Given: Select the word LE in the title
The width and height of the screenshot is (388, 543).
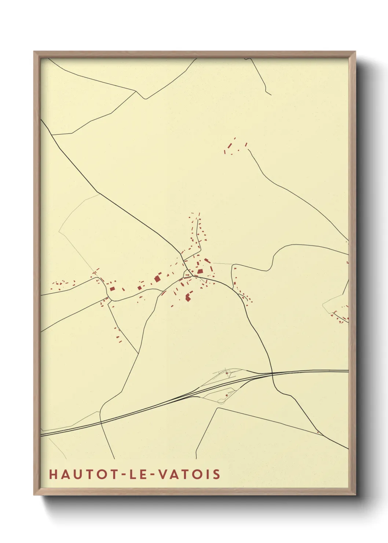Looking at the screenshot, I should tap(134, 474).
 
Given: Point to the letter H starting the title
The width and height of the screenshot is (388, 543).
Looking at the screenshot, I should tap(53, 474).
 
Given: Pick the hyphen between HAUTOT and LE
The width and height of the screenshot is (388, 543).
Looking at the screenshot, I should tap(118, 474).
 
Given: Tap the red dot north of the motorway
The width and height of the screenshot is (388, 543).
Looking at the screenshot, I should tap(227, 373).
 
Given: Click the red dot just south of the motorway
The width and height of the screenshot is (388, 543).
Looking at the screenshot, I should tap(227, 395).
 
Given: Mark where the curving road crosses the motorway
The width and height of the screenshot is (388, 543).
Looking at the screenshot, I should tap(272, 373).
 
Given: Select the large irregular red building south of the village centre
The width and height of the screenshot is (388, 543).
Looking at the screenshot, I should tap(188, 296).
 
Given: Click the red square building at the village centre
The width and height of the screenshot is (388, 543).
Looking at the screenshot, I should tap(200, 271).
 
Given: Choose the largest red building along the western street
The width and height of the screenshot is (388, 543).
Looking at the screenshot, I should tap(157, 278).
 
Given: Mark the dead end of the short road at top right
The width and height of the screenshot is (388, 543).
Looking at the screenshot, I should tap(271, 95).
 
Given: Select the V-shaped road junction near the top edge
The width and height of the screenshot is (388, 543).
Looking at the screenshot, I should tap(146, 98).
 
